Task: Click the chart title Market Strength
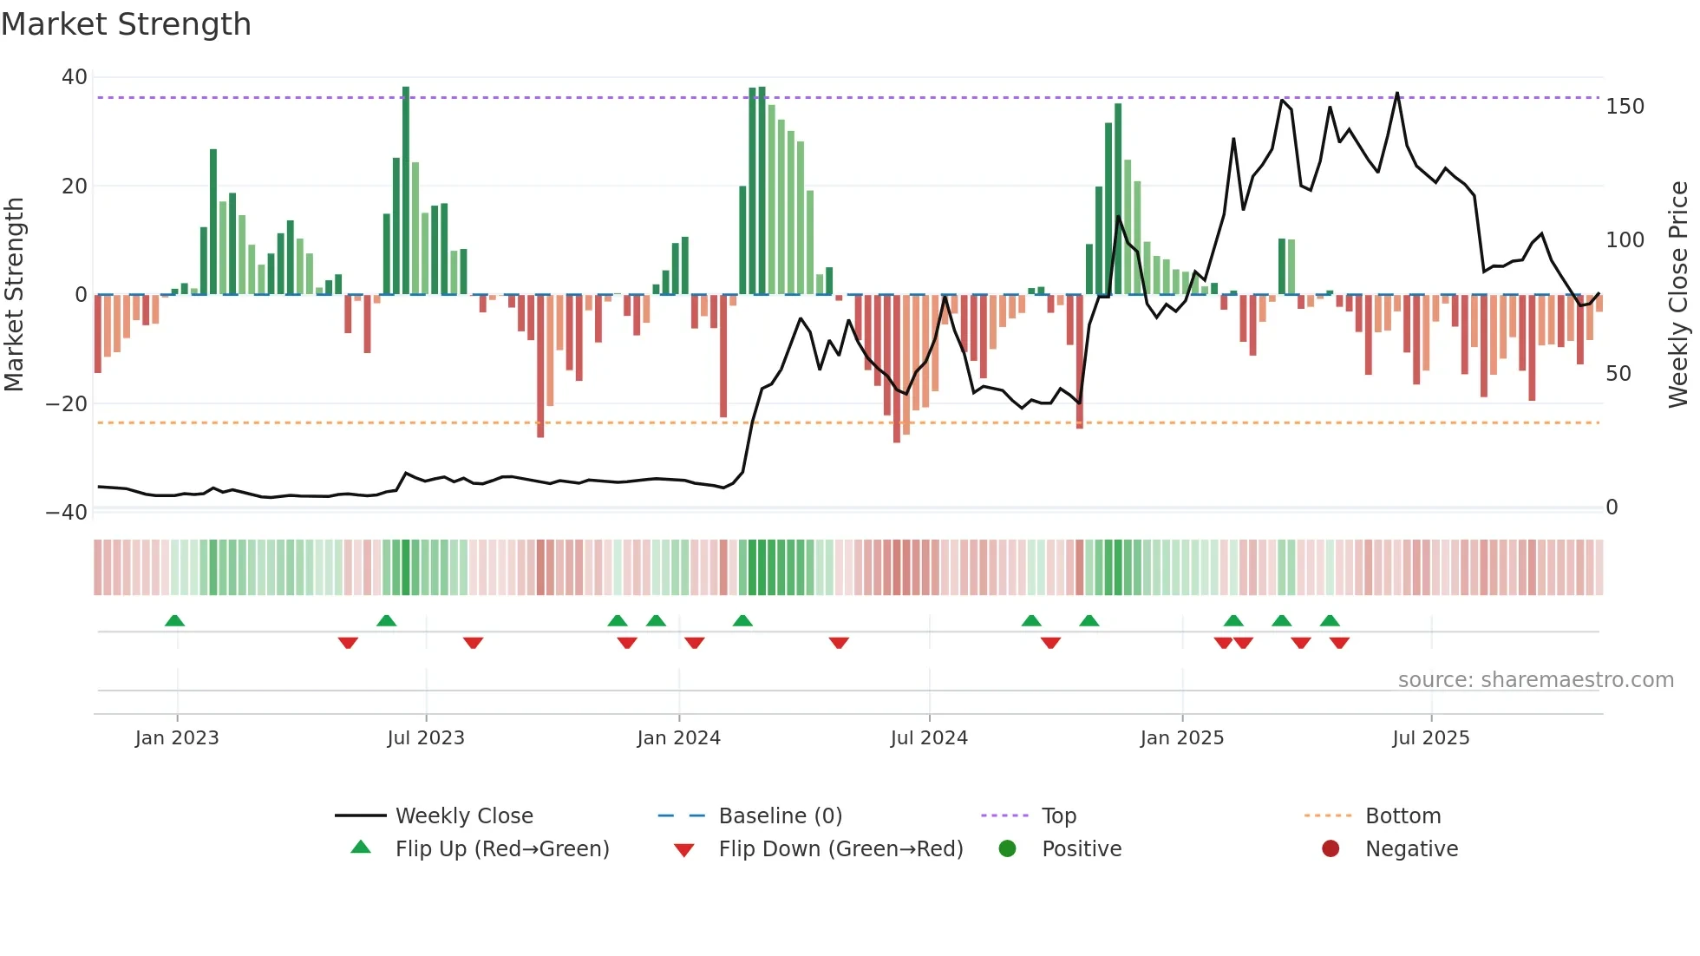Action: coord(126,24)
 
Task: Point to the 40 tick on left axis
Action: coord(75,77)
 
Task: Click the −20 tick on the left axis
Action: coord(67,403)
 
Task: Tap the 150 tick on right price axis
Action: coord(1625,107)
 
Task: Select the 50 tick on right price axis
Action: coord(1618,374)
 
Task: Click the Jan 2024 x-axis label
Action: coord(678,738)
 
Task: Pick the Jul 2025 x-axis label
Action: coord(1430,738)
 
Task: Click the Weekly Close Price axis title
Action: coord(1678,294)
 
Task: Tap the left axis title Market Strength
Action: coord(14,294)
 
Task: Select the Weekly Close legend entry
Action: coord(463,816)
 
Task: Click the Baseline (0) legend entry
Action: coord(780,816)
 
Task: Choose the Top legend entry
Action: coord(1058,816)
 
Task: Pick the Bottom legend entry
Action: coord(1402,816)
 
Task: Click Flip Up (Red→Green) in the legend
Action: coord(501,849)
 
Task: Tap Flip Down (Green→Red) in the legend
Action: coord(840,849)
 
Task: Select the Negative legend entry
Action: coord(1411,849)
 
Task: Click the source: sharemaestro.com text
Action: coord(1535,680)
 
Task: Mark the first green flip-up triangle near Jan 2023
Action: coord(174,620)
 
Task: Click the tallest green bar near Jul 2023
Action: coord(406,191)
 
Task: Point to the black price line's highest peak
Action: coord(1396,94)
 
